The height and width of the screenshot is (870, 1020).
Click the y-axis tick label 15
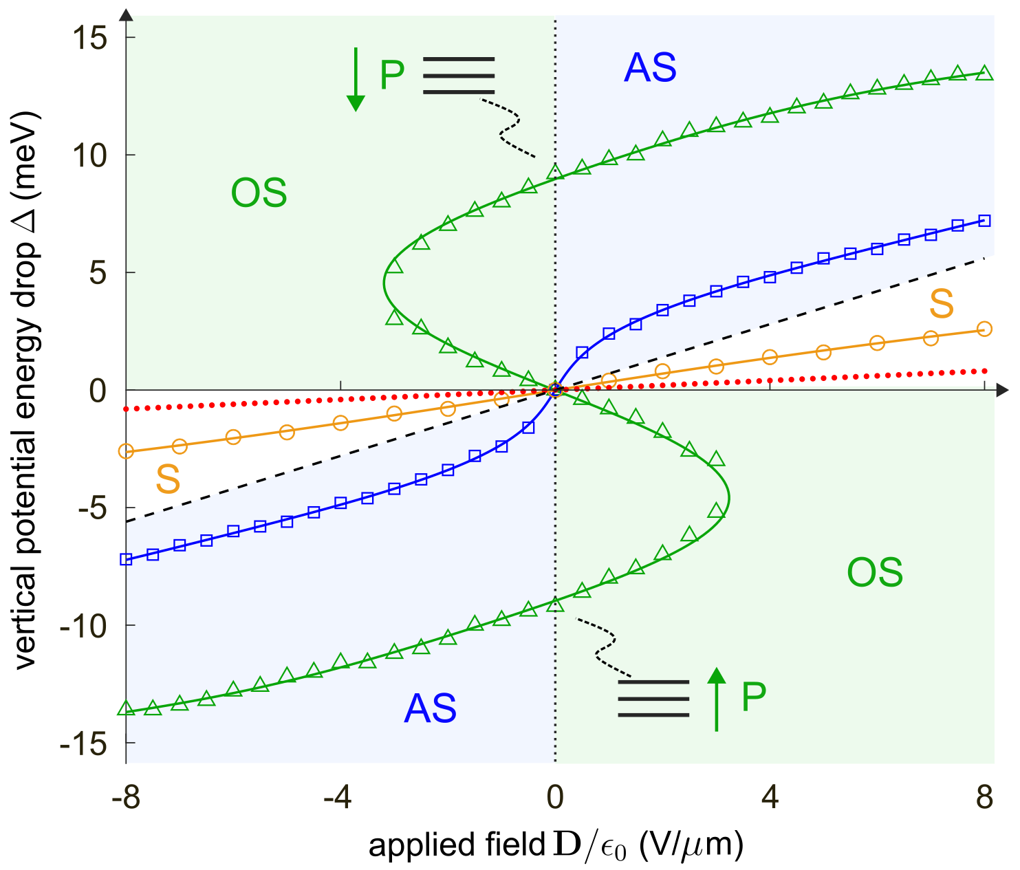click(x=89, y=38)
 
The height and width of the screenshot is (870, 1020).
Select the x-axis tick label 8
click(x=985, y=798)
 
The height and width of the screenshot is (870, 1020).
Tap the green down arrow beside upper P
click(x=355, y=79)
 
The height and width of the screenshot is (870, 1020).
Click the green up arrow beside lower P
click(x=717, y=699)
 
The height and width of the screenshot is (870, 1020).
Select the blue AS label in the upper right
click(x=650, y=68)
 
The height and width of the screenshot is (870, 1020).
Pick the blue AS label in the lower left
click(x=430, y=708)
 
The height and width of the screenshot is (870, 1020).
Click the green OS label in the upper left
click(x=259, y=193)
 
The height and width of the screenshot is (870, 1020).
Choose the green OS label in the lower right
click(x=874, y=573)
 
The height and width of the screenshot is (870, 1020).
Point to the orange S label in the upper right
click(x=942, y=304)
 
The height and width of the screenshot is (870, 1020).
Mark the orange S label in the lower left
click(x=168, y=479)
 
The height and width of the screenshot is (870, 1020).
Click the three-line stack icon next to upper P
click(x=459, y=75)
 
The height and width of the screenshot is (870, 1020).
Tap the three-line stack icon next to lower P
click(x=653, y=699)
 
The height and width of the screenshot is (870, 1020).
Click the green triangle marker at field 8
click(x=984, y=73)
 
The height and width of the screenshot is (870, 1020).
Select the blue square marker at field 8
click(x=984, y=221)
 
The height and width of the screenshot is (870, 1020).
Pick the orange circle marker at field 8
click(x=984, y=329)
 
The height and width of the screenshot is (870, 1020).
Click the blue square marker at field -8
click(x=126, y=559)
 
